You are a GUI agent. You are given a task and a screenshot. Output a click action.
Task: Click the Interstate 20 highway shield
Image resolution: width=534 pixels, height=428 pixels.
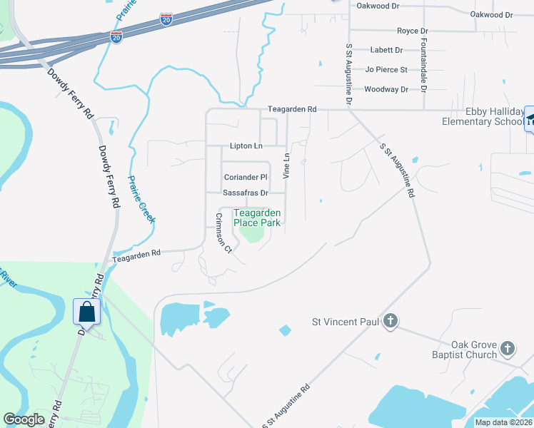[x=116, y=37]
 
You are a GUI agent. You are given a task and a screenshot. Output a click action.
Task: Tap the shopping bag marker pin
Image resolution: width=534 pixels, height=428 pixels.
[x=87, y=312]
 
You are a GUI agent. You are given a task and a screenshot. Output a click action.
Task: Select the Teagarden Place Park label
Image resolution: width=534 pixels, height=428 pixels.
[x=257, y=218]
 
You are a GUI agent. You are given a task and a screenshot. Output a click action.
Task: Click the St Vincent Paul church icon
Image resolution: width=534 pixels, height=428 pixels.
[x=390, y=321]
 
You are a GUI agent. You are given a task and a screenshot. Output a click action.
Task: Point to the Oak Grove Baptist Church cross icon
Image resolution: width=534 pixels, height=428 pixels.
[x=507, y=348]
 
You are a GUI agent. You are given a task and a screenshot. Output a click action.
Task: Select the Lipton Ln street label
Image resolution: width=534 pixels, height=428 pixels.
[x=246, y=146]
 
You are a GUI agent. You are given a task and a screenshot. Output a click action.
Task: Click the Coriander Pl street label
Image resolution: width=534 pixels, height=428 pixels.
[x=245, y=177]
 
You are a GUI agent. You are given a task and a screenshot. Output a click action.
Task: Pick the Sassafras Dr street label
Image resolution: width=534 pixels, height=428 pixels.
[x=245, y=193]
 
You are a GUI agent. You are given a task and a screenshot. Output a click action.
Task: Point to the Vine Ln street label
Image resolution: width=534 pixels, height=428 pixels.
[x=287, y=165]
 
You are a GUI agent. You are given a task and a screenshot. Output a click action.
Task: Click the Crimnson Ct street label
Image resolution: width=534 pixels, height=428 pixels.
[x=224, y=236]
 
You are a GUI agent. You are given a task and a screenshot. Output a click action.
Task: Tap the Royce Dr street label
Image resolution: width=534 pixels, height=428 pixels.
[x=412, y=31]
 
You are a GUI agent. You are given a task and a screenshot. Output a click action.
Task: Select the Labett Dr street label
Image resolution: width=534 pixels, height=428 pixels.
[x=386, y=51]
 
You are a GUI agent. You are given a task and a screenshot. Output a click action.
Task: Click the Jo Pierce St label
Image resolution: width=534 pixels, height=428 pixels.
[x=386, y=70]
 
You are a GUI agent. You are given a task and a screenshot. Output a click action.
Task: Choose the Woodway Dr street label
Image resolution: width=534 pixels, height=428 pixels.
[x=386, y=89]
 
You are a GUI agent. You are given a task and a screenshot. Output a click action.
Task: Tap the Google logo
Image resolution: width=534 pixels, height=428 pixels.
[x=24, y=419]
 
